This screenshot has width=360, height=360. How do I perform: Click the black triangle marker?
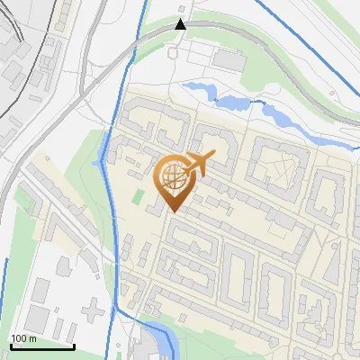(x=181, y=24)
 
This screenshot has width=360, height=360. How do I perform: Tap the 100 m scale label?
(x=22, y=337)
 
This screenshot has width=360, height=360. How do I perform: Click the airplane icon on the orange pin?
(x=200, y=163)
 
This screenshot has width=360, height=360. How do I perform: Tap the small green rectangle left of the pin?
(x=139, y=196)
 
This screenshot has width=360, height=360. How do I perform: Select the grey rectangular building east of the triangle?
(x=229, y=58)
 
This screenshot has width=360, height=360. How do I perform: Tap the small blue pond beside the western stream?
(x=97, y=165)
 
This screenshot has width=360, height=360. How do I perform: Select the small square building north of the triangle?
(x=184, y=8)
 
